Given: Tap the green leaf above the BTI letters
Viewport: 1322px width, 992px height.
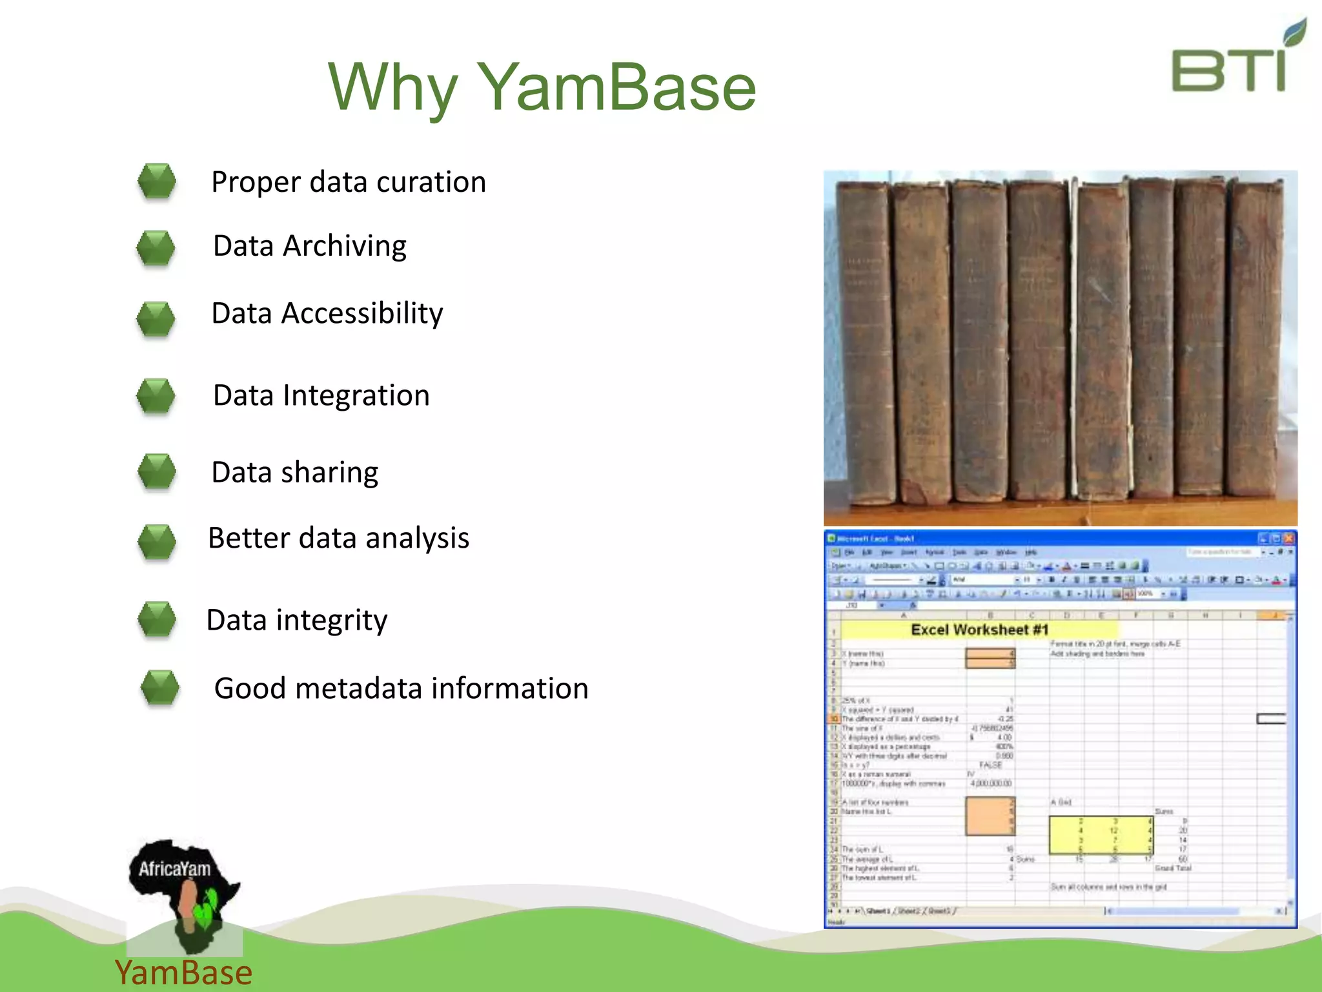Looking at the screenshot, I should [x=1295, y=32].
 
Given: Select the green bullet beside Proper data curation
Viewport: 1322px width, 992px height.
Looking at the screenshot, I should [x=157, y=181].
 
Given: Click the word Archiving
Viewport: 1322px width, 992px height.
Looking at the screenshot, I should [x=345, y=246].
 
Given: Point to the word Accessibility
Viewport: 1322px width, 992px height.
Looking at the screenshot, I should [x=362, y=313].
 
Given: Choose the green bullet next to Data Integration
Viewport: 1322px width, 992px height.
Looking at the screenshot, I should [x=156, y=395].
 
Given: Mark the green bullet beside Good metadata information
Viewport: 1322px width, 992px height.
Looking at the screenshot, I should [x=159, y=687].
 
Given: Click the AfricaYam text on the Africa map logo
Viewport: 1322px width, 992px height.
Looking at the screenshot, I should [x=174, y=869].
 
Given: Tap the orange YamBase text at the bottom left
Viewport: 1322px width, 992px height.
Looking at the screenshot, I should [x=183, y=973].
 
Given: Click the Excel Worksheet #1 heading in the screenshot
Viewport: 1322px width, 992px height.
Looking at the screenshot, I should [x=979, y=630].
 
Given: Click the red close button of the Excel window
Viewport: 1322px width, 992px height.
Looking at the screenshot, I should [x=1288, y=538].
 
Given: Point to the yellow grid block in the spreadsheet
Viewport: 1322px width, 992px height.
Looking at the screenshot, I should [x=1101, y=835].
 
